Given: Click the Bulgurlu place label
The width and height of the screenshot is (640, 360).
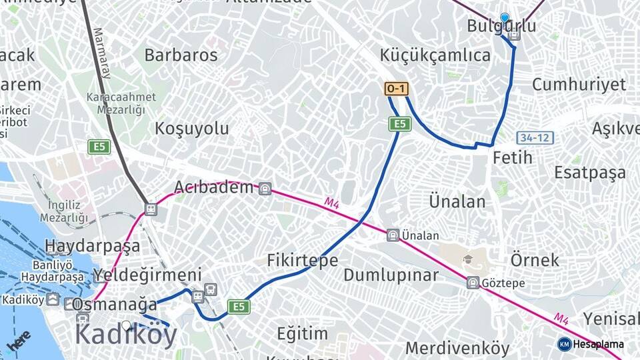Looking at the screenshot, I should click(x=501, y=26).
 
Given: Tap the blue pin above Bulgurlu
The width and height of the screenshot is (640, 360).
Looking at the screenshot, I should click(x=505, y=18).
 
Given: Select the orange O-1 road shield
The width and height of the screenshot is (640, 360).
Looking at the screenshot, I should click(x=396, y=89).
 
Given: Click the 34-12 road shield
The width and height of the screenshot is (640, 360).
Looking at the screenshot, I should click(x=535, y=138).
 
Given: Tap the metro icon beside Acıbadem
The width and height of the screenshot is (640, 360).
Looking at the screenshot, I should click(x=265, y=189).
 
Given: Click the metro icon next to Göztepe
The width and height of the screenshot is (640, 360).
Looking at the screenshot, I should click(x=473, y=283).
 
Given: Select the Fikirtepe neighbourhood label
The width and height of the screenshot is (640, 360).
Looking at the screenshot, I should click(x=303, y=260).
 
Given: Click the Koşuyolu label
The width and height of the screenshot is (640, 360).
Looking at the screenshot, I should click(x=192, y=128).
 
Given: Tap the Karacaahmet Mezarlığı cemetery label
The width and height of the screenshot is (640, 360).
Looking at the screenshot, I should click(x=121, y=102).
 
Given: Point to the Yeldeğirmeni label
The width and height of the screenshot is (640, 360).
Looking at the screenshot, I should click(x=147, y=275).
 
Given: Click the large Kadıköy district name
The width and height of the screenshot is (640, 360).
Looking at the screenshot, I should click(x=126, y=333).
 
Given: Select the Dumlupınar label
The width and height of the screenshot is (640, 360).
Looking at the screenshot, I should click(x=391, y=275).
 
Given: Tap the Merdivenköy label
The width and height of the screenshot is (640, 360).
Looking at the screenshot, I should click(x=457, y=347).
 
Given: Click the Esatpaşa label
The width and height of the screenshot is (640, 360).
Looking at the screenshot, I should click(x=590, y=172).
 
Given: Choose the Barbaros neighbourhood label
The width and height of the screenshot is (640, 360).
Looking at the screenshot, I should click(x=181, y=55).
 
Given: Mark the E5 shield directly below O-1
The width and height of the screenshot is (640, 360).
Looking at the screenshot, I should click(x=399, y=123).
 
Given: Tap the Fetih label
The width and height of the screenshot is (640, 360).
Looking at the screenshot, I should click(x=513, y=157).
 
